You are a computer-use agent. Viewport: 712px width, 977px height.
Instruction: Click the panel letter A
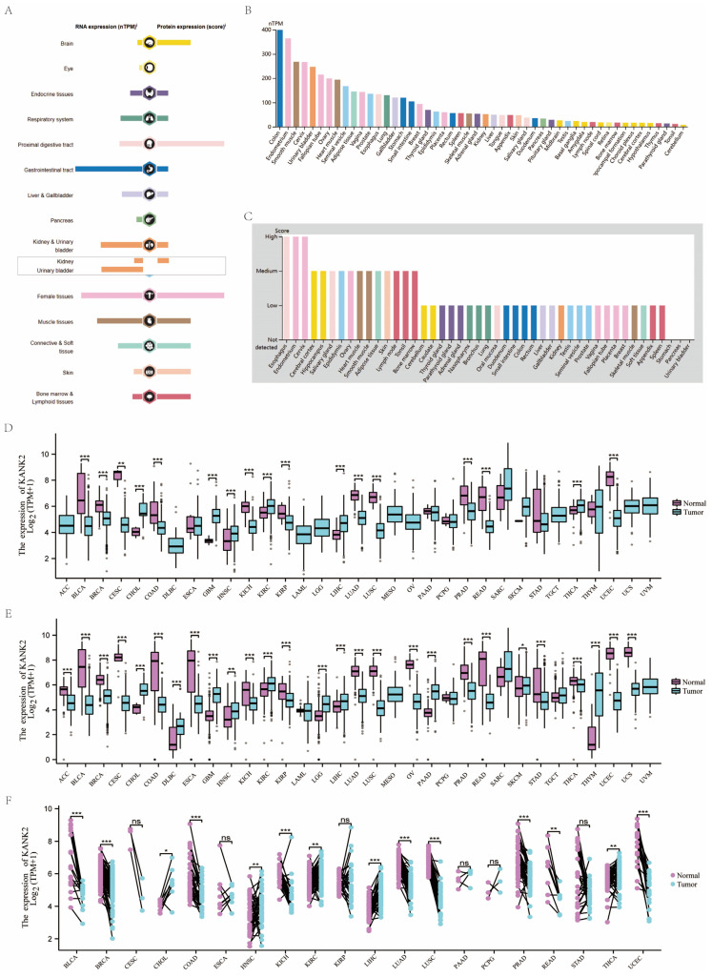8,8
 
